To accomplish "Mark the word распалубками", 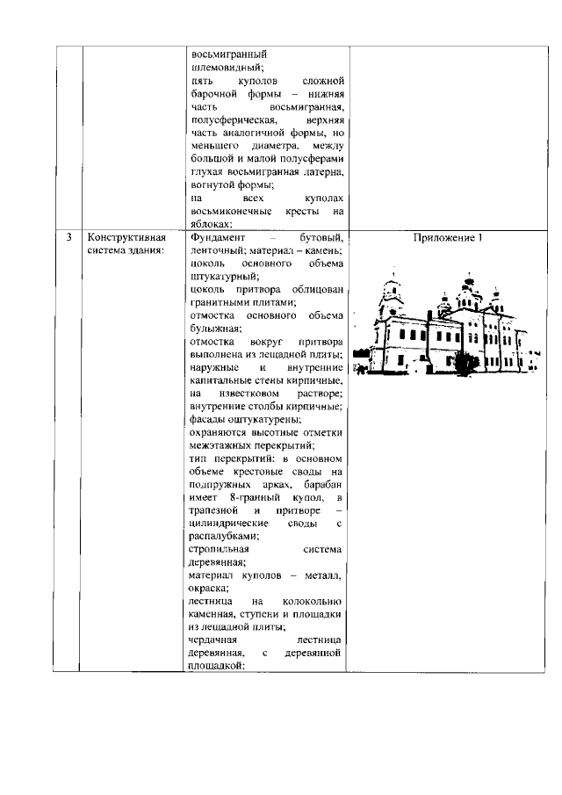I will pyautogui.click(x=223, y=535).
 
